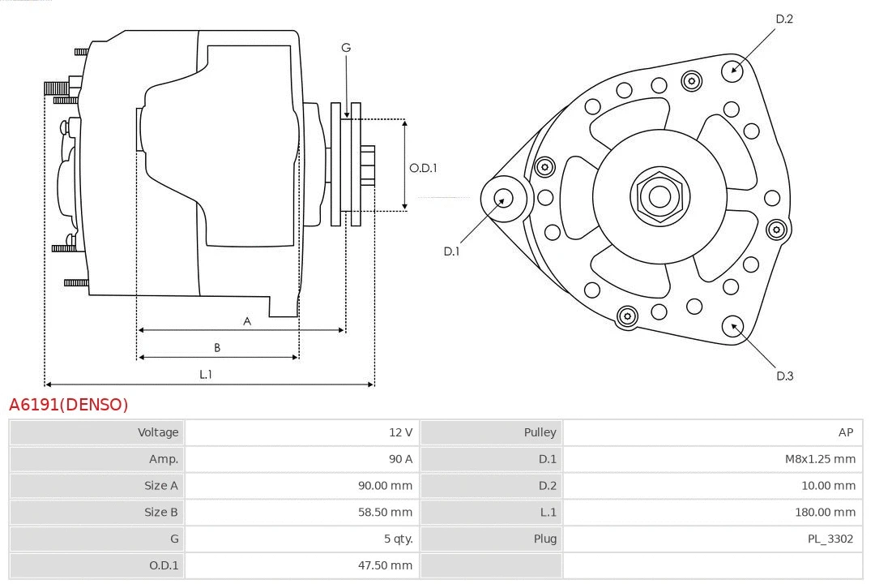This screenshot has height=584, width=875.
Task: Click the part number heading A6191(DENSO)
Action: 69,405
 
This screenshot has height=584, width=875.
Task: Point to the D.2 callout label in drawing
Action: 783,19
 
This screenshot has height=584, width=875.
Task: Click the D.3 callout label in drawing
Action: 784,376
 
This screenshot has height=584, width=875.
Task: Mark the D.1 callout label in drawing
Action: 451,251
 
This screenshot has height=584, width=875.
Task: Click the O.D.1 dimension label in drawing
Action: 423,168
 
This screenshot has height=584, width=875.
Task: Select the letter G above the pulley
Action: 346,48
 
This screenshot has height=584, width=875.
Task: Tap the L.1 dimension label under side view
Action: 206,374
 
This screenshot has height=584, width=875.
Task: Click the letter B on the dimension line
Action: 217,347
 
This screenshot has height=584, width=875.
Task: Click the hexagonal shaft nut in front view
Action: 659,195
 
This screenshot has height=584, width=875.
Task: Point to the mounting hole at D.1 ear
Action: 503,198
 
